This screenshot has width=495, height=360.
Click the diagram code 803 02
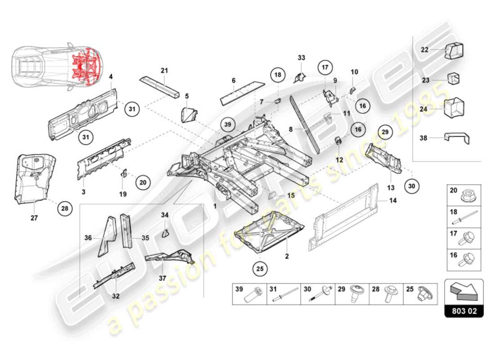pos(464,311)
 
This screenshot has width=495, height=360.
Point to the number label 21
pos(164,70)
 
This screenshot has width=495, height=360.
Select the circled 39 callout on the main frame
pos(228,124)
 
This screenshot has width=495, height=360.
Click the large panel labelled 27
pos(34,178)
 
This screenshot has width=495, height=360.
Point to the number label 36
pos(88,238)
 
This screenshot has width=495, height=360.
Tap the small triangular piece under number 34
pos(165,233)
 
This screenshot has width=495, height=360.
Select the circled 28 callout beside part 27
pos(65,208)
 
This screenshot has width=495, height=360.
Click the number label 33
pos(301,58)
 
